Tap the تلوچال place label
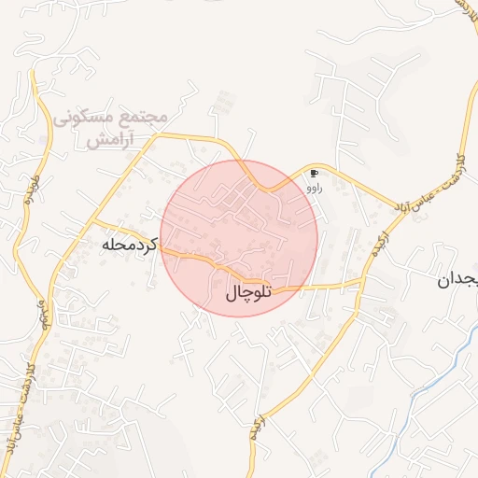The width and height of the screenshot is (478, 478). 248,293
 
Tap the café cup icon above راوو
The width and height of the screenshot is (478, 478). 314,174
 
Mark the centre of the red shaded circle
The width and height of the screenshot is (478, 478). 239,238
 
